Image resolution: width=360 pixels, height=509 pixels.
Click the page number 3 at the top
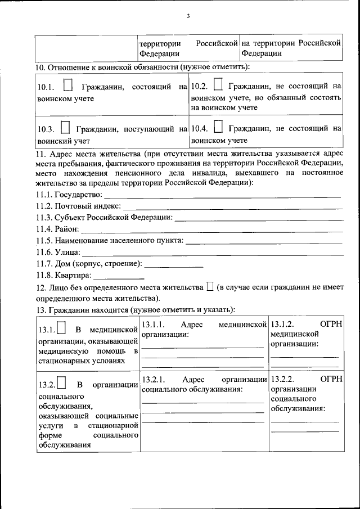point(188,16)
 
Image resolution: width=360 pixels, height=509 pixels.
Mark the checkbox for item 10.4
point(219,128)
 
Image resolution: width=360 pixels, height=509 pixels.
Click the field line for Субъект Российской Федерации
point(259,220)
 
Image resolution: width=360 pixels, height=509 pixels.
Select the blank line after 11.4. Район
point(214,231)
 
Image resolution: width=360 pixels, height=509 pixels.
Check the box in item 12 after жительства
point(210,287)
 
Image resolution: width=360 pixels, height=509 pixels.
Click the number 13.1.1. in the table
point(152,325)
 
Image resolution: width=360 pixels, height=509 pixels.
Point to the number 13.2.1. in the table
point(152,380)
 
